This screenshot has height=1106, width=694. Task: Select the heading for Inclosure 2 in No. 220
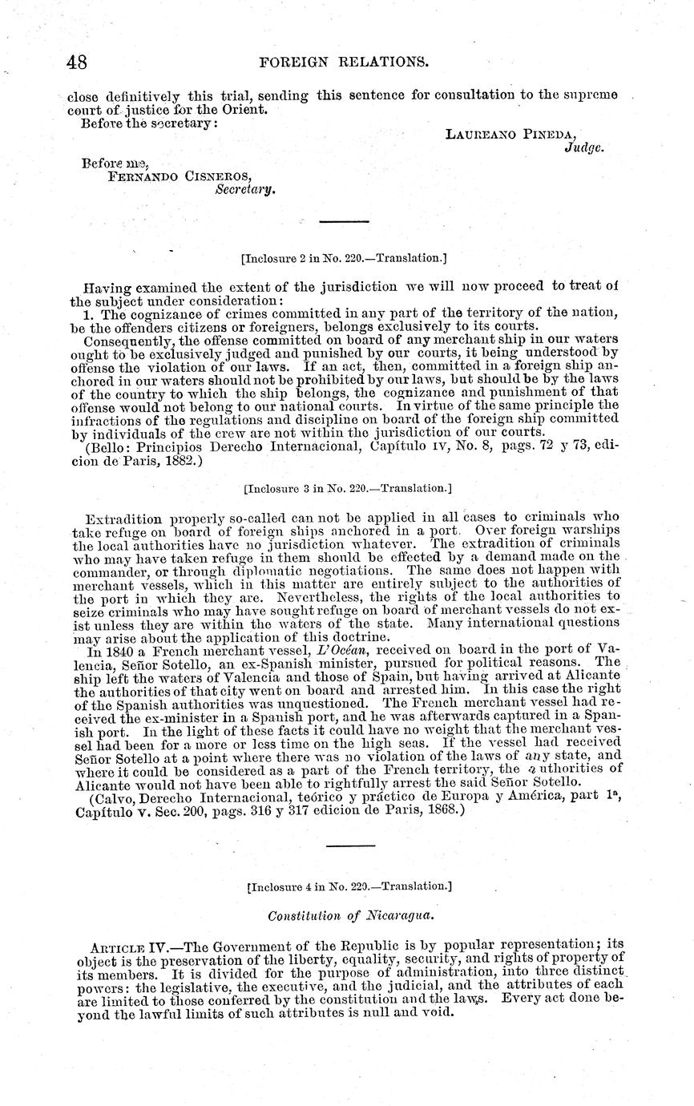click(x=343, y=258)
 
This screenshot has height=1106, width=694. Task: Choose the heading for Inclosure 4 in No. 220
click(x=349, y=887)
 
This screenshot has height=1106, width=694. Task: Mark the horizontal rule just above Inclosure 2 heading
click(x=344, y=221)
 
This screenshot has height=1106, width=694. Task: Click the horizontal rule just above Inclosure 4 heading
click(x=350, y=845)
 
